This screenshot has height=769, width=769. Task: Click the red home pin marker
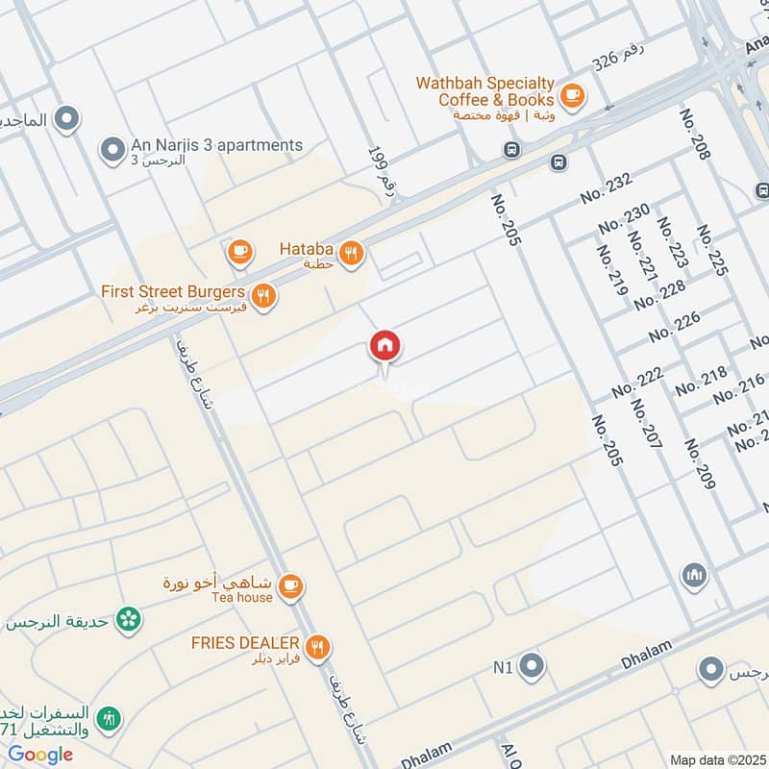pos(385,345)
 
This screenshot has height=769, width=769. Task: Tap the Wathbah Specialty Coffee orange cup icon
pos(573,94)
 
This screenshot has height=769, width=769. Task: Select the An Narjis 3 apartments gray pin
pos(113,150)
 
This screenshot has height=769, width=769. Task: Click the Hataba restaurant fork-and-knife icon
pos(353,252)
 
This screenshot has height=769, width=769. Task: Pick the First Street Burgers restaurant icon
pos(262,296)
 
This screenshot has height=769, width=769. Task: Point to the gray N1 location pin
pos(532,665)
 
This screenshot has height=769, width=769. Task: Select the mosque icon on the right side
pos(695,577)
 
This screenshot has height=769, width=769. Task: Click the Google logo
pos(40,755)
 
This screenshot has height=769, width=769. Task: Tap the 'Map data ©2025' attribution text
pos(715,758)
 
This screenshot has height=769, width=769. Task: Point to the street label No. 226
pos(676,328)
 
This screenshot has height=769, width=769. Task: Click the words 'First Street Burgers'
pos(173,290)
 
